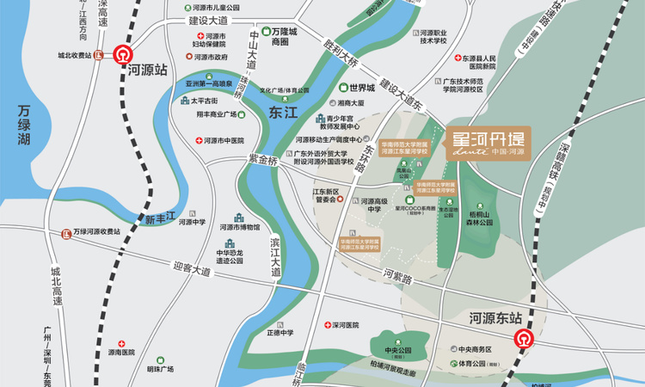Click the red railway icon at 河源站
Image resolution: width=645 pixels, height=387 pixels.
pos(125,54)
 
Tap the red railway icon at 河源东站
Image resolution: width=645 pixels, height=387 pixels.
pos(524,338)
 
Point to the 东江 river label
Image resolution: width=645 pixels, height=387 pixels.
pos(282,113)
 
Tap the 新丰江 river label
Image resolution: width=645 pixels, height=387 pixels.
pos(160,219)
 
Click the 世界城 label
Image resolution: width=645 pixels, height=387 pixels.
pos(361,87)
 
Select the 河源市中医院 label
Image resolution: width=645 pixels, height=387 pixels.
pos(223,140)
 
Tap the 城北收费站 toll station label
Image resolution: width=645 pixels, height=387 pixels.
pos(73,57)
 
